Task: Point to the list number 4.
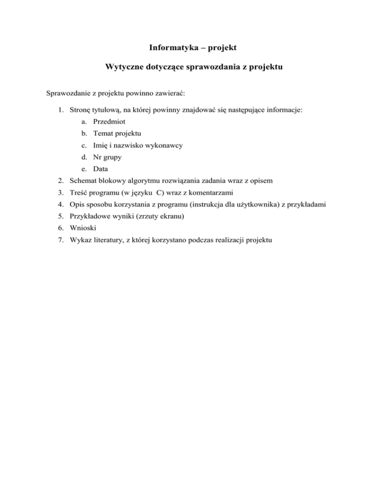tap(59, 205)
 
